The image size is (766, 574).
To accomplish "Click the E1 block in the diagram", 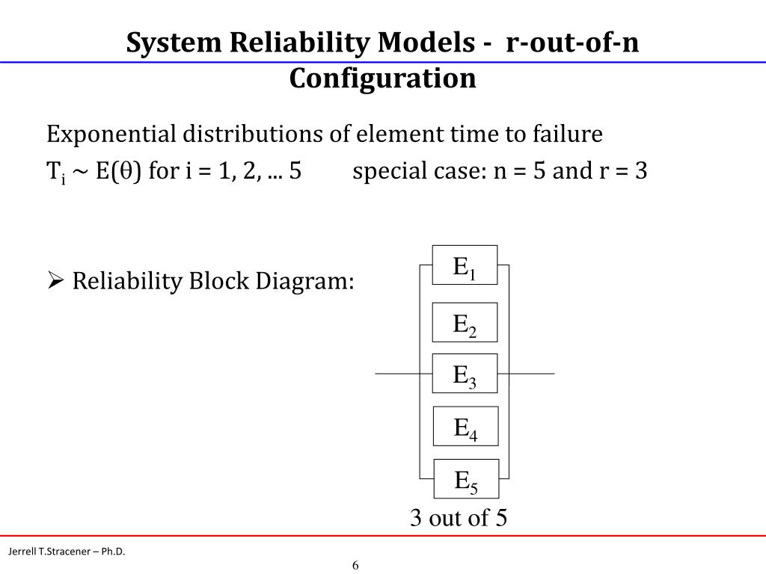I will click(x=465, y=266).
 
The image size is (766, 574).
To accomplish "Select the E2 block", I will click(x=465, y=323).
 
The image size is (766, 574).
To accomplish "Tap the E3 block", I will click(x=465, y=373).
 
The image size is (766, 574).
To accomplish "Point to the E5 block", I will click(x=466, y=479).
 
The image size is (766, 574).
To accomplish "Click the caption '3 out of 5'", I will click(x=458, y=517).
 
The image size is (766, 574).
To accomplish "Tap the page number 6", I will click(x=356, y=564).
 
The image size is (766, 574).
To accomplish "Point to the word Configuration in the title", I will click(x=382, y=78).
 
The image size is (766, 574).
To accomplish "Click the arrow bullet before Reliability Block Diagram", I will click(x=55, y=282).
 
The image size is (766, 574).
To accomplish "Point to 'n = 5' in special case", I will click(x=519, y=172).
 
